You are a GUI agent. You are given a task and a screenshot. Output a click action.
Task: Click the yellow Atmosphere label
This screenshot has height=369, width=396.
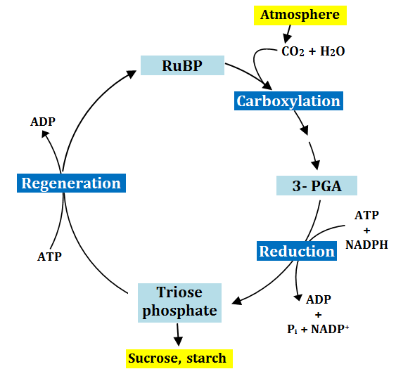pos(300,15)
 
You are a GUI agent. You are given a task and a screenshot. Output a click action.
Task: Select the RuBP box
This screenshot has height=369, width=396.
pos(182,66)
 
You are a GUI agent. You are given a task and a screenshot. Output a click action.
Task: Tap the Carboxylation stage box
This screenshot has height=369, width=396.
pos(288,101)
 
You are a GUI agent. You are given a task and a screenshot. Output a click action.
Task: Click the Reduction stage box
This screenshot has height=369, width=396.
pos(297,251)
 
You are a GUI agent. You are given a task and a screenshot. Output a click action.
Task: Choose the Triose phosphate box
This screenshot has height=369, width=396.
pos(179,302)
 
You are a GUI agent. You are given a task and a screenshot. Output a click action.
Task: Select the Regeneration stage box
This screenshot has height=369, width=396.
pos(71,183)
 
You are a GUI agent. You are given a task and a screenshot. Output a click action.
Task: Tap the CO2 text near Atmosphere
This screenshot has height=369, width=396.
pos(293,51)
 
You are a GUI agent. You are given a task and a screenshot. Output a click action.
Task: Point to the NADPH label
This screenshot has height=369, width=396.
pos(366,245)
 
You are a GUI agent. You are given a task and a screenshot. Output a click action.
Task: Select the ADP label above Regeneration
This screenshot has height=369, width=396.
pos(43,122)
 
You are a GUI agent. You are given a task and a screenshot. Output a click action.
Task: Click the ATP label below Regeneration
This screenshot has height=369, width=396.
pos(49,257)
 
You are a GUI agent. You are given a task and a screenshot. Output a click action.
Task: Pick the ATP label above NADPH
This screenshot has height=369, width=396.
pos(366,215)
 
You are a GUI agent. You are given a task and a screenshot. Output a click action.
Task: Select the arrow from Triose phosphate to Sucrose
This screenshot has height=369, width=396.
pos(179,335)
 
